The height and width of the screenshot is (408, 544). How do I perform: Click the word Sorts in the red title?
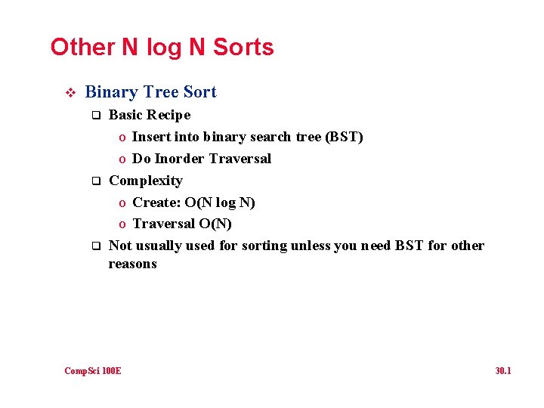pos(243,48)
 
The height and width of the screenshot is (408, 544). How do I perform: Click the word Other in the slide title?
pos(82,48)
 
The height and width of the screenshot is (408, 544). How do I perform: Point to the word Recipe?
pos(169,115)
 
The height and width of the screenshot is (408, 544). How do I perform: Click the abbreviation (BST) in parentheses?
pos(344,137)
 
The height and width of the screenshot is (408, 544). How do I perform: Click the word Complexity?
pos(146,181)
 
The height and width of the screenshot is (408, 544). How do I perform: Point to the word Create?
pos(156,202)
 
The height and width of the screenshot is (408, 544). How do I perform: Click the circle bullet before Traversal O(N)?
pos(122,225)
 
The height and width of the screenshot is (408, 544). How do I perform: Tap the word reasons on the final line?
pos(133,264)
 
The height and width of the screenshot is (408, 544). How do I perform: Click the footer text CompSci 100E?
pos(93,370)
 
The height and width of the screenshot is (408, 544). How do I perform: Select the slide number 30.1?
pos(503,370)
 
